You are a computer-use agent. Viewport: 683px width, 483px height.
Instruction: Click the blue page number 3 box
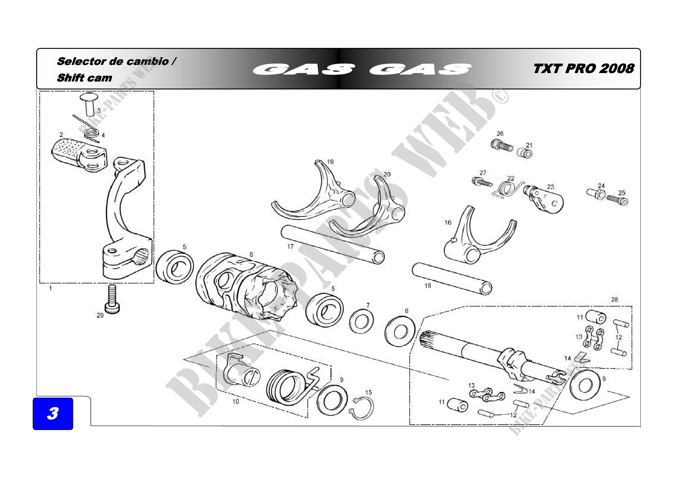point(53,413)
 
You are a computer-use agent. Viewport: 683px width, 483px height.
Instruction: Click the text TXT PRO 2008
point(583,69)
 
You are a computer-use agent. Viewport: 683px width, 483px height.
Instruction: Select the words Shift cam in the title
point(84,78)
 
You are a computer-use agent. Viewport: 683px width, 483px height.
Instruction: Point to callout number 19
point(330,162)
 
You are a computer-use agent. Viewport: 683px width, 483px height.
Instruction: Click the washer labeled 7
point(362,322)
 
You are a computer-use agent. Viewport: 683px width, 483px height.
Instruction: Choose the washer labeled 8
point(400,332)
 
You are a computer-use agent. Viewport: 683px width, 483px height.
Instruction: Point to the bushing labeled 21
point(525,153)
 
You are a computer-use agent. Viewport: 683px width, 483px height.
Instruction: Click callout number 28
point(615,300)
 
